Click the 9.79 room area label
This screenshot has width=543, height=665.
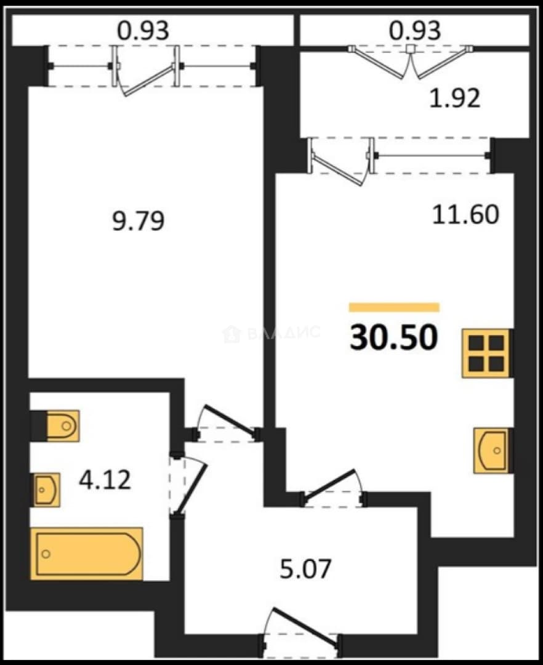(138, 222)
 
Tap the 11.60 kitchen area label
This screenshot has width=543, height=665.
(465, 214)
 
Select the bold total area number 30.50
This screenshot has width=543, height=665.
(394, 337)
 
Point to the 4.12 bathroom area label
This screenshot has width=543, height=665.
(105, 480)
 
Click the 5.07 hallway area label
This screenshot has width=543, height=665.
(305, 569)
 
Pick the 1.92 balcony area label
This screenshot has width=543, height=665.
(454, 99)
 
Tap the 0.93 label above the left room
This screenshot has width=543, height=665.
(143, 30)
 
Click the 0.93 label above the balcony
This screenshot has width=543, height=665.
(415, 30)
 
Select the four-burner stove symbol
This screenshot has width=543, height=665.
(486, 353)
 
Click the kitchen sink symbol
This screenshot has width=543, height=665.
(492, 450)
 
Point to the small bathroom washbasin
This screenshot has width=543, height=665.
(47, 490)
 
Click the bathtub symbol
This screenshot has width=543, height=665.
(86, 554)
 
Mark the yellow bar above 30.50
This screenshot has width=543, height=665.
(394, 307)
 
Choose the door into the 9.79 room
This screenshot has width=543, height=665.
(227, 424)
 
